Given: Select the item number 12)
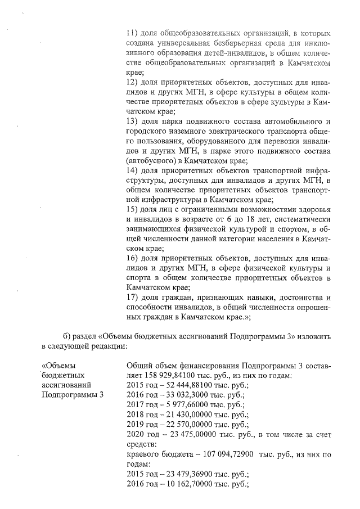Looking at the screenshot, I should [134, 83].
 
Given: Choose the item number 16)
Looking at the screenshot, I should [134, 258].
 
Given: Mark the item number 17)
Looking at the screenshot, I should [134, 296].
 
